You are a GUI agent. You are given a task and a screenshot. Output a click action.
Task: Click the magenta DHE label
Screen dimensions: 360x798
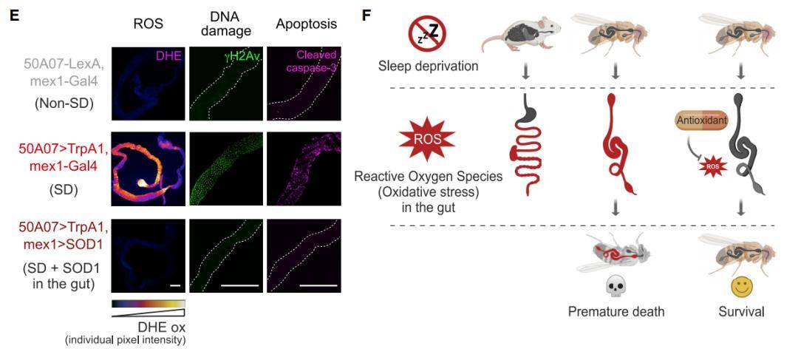pyautogui.click(x=171, y=54)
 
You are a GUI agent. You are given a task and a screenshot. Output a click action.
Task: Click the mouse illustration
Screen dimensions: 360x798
pyautogui.click(x=522, y=37)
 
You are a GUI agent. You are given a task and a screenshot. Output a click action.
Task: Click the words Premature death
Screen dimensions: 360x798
pyautogui.click(x=615, y=311)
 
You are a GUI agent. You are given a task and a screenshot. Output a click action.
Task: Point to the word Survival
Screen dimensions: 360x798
pyautogui.click(x=741, y=311)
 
